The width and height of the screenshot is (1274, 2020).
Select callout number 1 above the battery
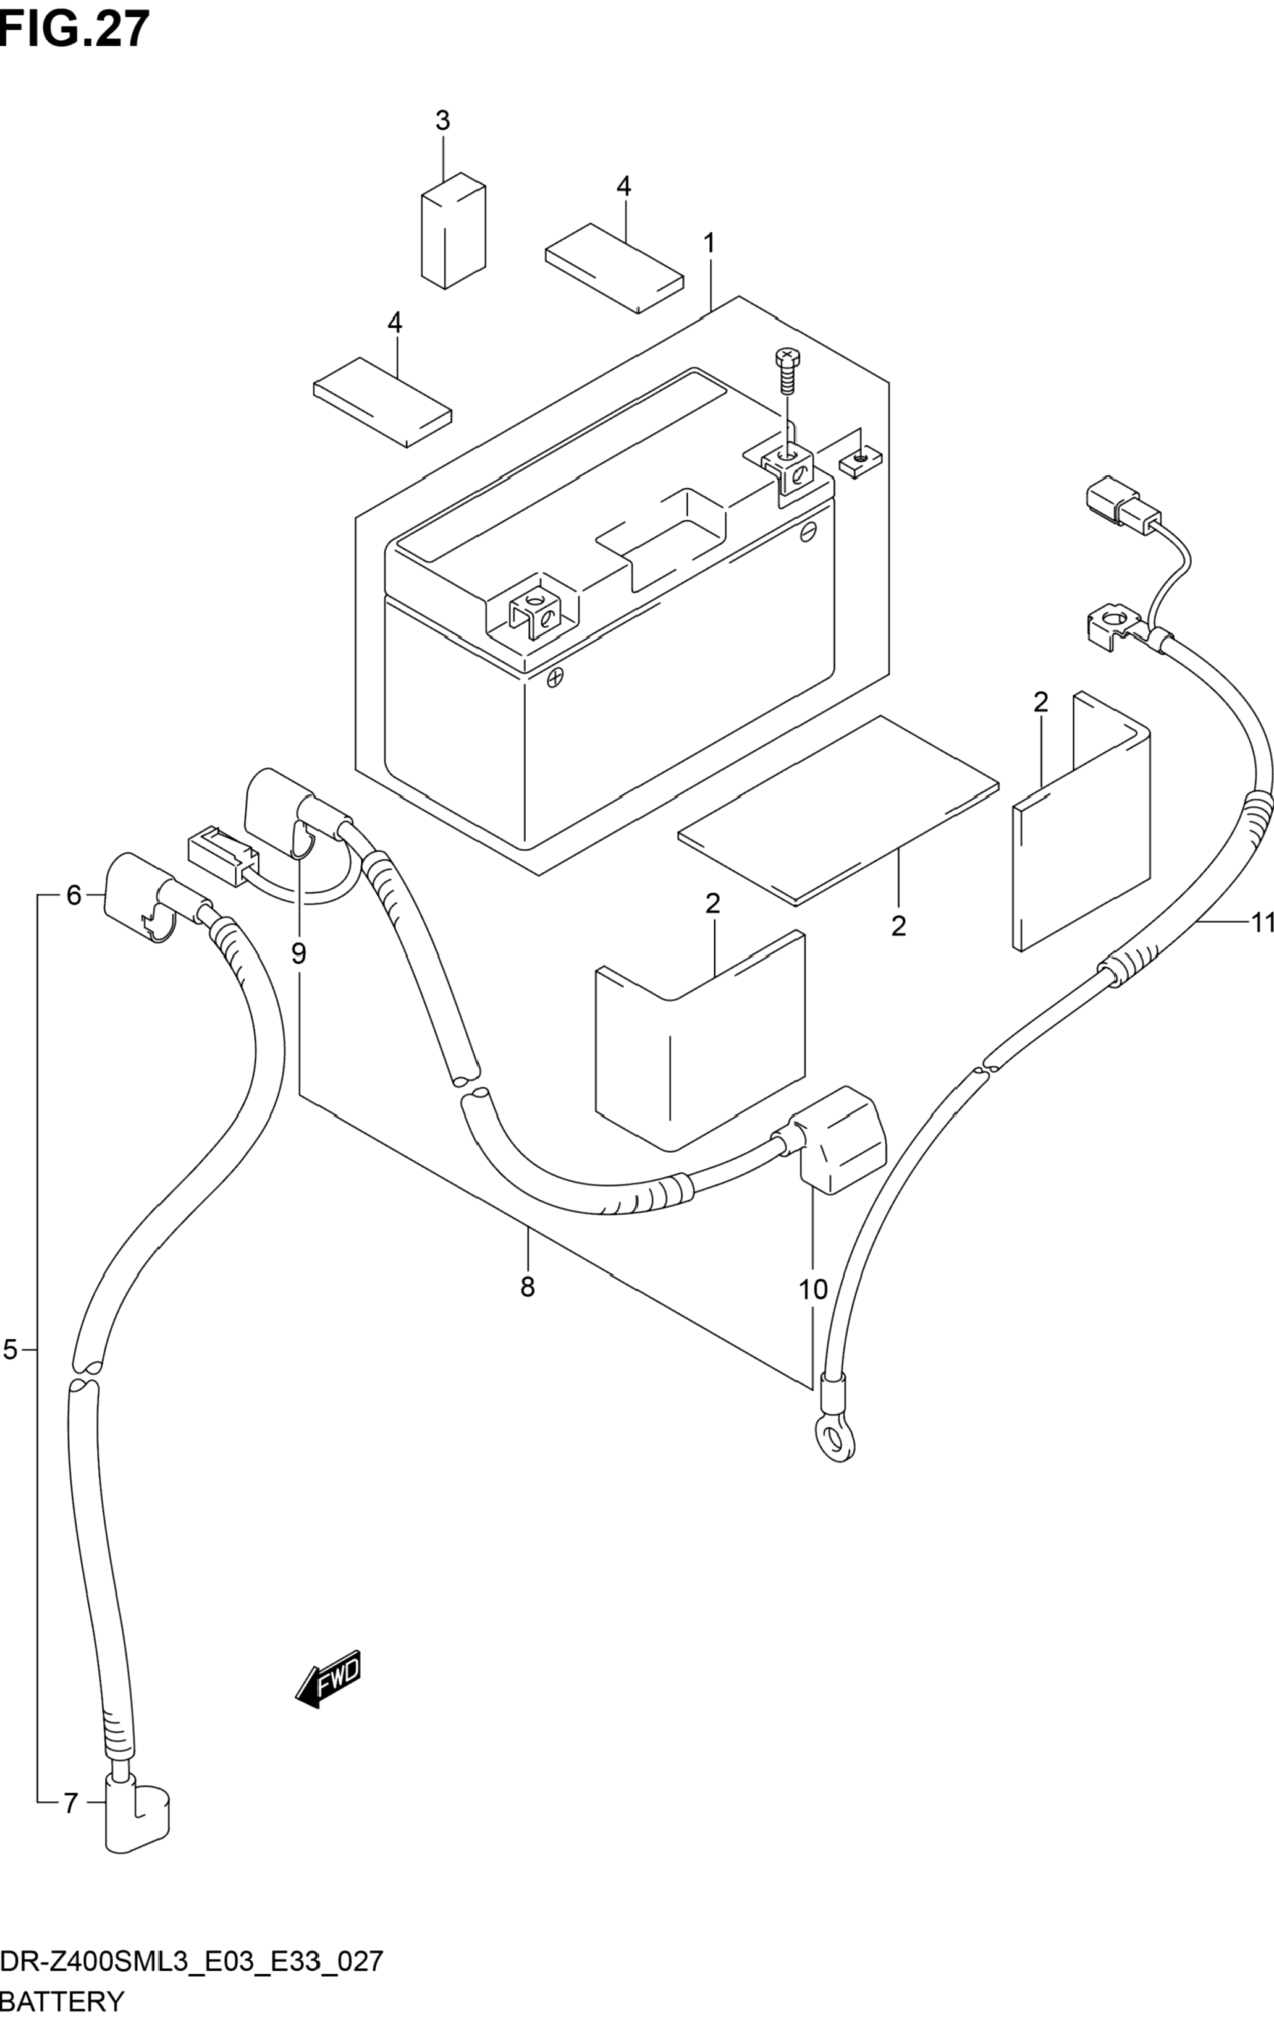(x=709, y=244)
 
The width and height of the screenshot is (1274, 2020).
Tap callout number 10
(x=812, y=1289)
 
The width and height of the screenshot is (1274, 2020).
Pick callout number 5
(x=10, y=1350)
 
